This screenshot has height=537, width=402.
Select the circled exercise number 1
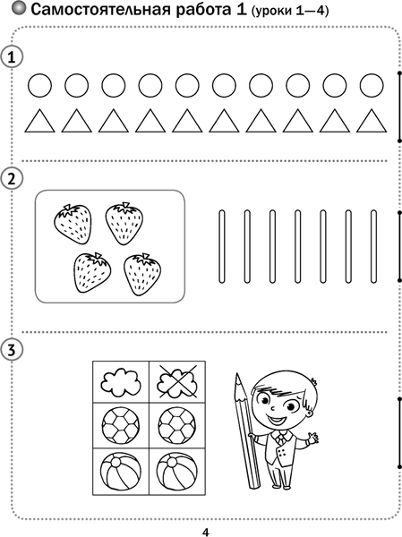12,57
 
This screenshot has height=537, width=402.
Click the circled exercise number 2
12,178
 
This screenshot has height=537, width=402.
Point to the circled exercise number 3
12,350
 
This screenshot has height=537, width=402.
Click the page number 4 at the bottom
205,532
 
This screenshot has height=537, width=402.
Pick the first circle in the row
39,85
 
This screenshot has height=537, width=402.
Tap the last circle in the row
372,85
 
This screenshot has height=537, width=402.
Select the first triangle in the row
39,122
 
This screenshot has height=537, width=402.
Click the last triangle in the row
372,122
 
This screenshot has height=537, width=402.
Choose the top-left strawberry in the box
73,224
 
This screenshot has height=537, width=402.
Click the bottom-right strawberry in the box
142,275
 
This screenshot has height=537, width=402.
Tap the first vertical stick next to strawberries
222,247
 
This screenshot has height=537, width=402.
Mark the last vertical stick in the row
373,247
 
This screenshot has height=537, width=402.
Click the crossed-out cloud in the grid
177,382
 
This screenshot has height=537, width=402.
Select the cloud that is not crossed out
121,382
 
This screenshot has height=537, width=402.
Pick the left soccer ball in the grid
121,425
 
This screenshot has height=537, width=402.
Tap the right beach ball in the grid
177,472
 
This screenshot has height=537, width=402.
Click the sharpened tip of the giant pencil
237,374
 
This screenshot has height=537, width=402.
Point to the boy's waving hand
312,438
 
